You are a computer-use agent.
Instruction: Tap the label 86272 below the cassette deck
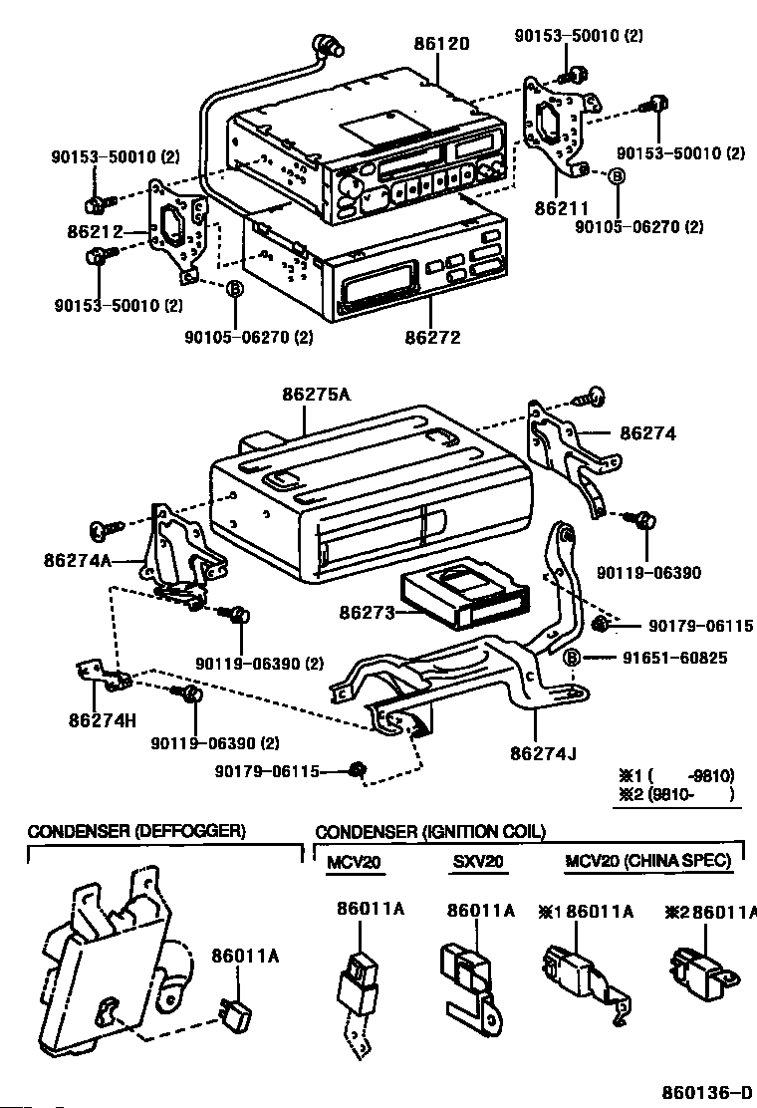pyautogui.click(x=432, y=337)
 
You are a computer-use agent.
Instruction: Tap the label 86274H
pyautogui.click(x=102, y=714)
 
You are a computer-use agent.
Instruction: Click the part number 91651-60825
pyautogui.click(x=675, y=658)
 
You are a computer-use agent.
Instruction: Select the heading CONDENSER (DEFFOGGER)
pyautogui.click(x=136, y=832)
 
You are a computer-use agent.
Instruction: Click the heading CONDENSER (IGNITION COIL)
pyautogui.click(x=430, y=832)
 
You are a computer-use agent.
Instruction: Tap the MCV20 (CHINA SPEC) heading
pyautogui.click(x=647, y=861)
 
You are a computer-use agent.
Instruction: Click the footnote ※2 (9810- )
pyautogui.click(x=676, y=794)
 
